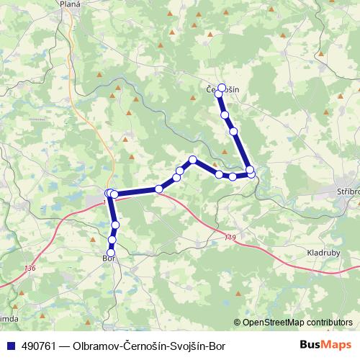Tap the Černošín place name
222,90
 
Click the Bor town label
109,257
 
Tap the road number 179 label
230,238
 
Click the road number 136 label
30,268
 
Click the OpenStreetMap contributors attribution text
297,323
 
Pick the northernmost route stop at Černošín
222,87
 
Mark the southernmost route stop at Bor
111,250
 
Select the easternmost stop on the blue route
251,171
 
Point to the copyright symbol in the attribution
238,323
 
